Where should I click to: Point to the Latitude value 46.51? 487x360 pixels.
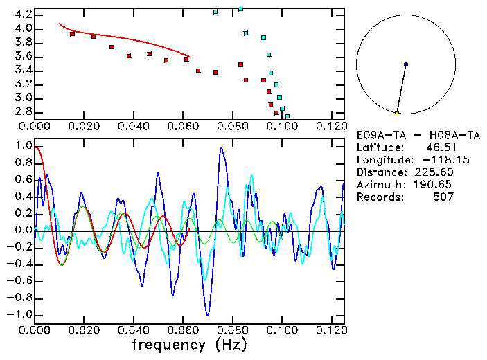click(439, 147)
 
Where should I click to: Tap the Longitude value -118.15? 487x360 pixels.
click(433, 160)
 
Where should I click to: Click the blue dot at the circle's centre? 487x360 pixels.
click(406, 64)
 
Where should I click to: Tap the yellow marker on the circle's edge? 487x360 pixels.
click(397, 113)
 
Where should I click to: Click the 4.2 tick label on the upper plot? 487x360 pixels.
click(22, 15)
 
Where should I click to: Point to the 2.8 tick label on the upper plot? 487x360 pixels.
click(22, 111)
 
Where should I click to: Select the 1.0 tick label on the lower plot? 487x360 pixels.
click(22, 147)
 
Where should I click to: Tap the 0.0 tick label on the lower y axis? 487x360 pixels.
click(22, 231)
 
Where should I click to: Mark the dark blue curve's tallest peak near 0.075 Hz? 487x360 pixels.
click(221, 147)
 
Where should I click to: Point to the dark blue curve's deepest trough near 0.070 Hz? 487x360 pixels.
click(206, 315)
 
